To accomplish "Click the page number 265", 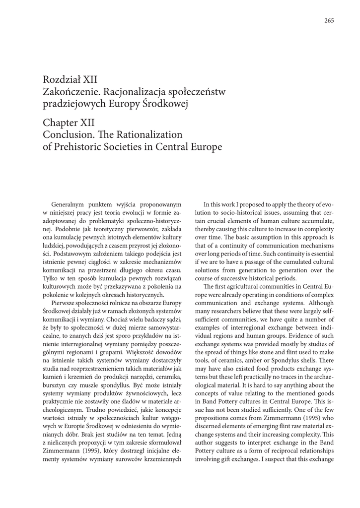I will point(329,20).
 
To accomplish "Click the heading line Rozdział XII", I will point(70,79).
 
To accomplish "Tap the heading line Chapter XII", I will point(69,123).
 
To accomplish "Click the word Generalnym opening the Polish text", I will point(69,204).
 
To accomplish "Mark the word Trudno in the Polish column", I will point(97,410).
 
